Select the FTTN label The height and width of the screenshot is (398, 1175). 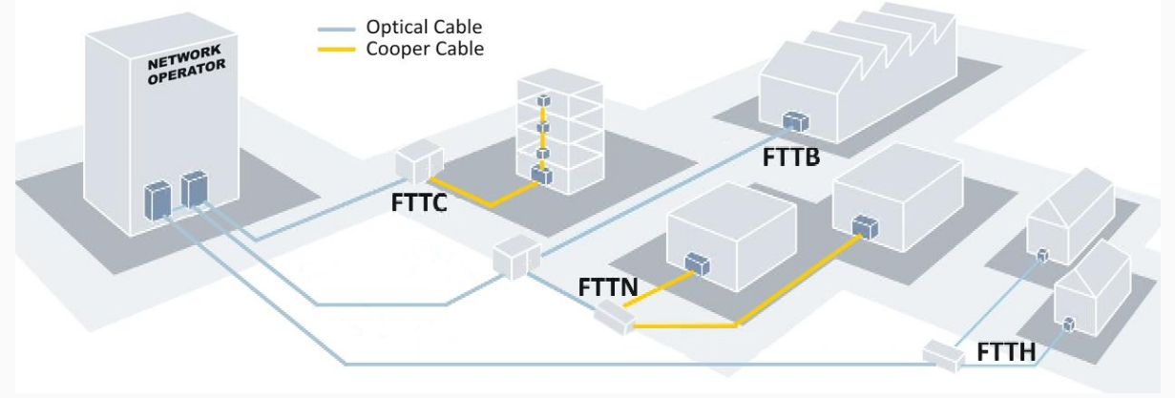(608, 286)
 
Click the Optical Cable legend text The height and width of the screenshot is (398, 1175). (423, 27)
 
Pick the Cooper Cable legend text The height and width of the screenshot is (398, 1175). (425, 49)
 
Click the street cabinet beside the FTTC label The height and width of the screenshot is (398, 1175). (419, 162)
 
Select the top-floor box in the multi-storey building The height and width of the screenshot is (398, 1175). (543, 100)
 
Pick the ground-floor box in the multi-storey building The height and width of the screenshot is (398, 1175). (541, 175)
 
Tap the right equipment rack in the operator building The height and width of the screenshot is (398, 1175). (194, 189)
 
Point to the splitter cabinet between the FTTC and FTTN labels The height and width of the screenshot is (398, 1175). (516, 257)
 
